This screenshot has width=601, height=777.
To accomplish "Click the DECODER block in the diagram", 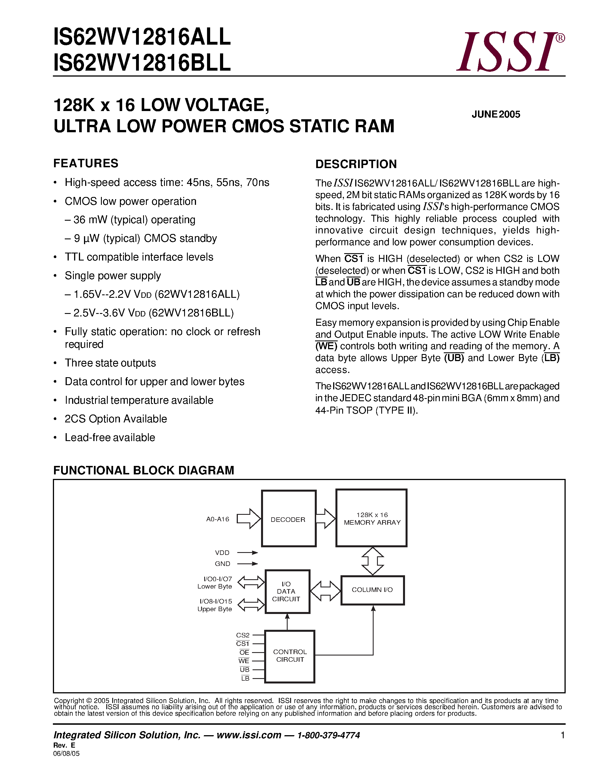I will tap(288, 519).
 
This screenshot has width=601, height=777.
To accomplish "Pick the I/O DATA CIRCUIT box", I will tap(287, 591).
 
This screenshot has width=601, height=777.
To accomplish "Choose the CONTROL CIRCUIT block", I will tap(290, 656).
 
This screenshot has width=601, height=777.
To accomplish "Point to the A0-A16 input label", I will tap(217, 519).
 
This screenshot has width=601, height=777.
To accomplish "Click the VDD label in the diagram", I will tap(222, 552).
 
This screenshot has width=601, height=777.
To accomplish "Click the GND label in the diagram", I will tap(223, 564).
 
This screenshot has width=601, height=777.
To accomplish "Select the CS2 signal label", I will tap(243, 635).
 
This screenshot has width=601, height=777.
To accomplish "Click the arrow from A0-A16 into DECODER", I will tap(249, 519).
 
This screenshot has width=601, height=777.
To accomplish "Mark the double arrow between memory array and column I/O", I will tap(372, 561).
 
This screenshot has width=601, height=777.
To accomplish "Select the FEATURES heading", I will tap(86, 163).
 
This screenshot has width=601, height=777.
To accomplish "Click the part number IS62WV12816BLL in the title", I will tap(142, 63).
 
